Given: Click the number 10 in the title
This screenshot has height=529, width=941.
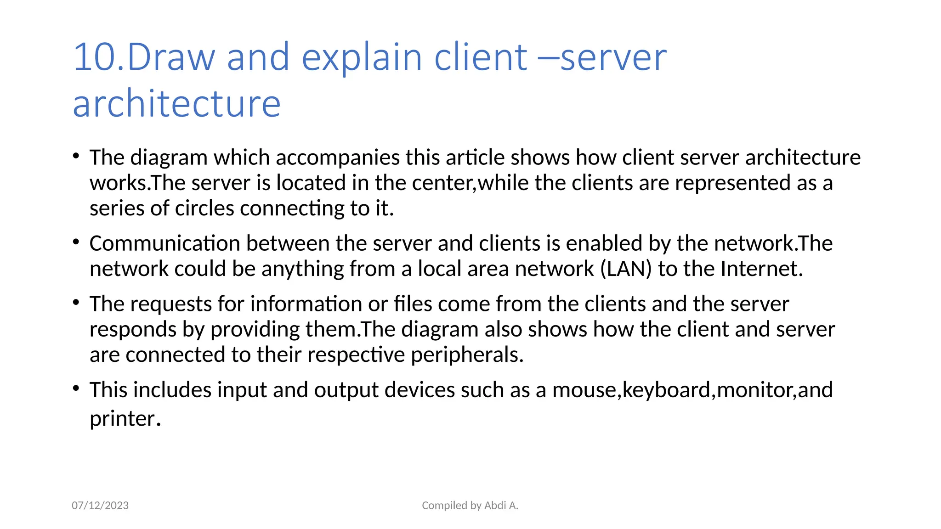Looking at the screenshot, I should [x=94, y=57].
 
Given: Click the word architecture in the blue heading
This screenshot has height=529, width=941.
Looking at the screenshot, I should [x=177, y=104].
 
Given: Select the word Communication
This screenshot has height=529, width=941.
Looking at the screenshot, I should [x=164, y=243].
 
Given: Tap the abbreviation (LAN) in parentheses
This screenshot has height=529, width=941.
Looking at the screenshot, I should [x=626, y=269].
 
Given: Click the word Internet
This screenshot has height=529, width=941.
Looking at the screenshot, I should [x=761, y=269].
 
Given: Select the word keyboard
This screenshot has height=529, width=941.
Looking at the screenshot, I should [x=666, y=390].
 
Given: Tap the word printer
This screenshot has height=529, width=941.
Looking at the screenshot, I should [x=125, y=419].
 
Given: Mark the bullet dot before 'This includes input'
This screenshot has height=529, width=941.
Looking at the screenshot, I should [x=76, y=388].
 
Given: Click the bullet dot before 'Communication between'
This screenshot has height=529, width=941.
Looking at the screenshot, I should [x=76, y=242].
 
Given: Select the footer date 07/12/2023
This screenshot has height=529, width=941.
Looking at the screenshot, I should [x=100, y=506].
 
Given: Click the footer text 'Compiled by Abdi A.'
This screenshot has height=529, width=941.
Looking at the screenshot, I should [x=470, y=506].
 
